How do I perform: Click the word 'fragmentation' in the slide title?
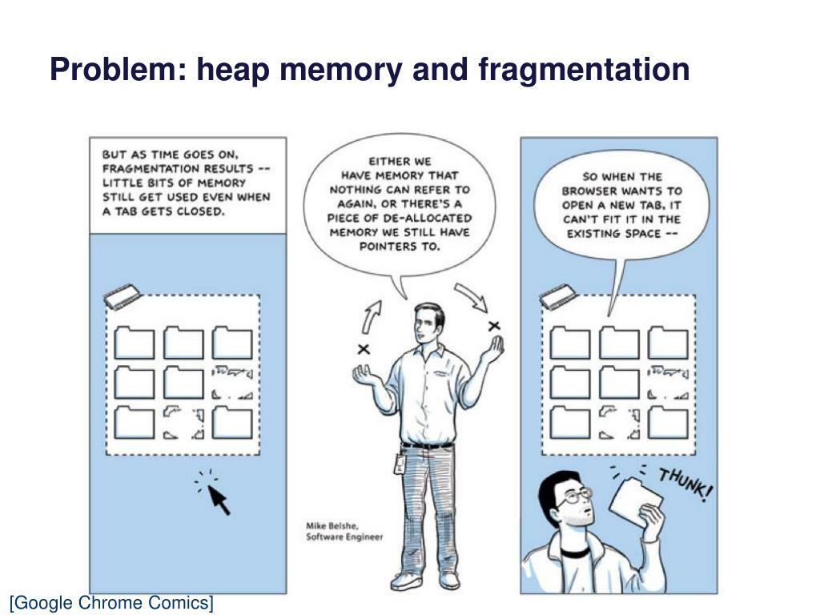pos(584,70)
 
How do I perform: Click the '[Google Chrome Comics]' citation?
pos(111,603)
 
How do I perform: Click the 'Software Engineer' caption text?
pos(344,537)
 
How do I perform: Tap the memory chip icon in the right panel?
pos(559,297)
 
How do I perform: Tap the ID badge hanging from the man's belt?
pos(398,464)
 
